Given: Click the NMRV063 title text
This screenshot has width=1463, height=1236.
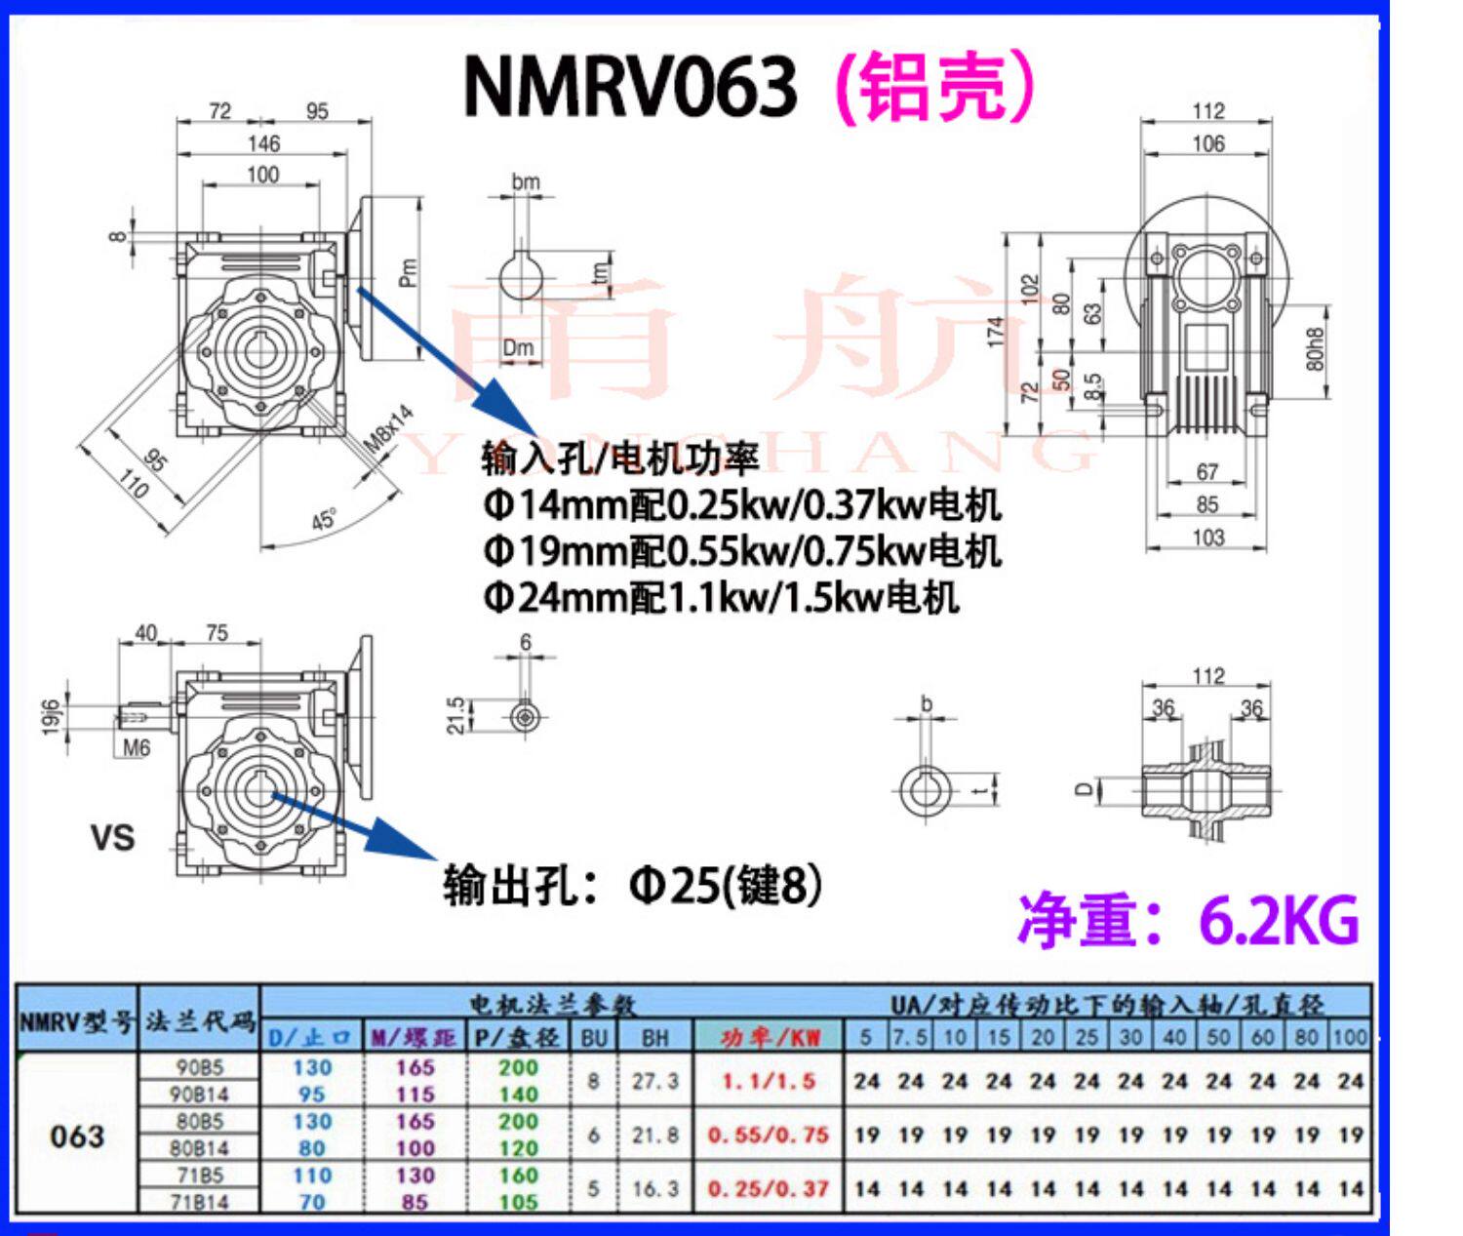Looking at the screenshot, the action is coord(630,86).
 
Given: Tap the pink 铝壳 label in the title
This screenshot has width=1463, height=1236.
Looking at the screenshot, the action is coord(934,86).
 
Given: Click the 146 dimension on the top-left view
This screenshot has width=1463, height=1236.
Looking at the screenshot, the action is coord(263,143).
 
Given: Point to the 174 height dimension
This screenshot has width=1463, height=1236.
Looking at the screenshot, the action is coord(995,333).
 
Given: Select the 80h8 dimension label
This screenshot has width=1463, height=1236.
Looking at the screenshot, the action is coord(1316,338).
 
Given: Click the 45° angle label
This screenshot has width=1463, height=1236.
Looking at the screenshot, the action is coord(325,519).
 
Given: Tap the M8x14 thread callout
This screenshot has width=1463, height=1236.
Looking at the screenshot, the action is coord(388,429).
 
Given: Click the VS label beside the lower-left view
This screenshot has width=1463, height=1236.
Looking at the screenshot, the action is coord(112,838).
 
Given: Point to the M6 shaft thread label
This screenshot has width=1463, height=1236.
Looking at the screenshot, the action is coord(138,748).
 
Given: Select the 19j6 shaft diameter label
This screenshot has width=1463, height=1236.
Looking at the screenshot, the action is coord(52,717).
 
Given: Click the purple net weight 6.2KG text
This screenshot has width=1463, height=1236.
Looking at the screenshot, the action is coord(1188,919).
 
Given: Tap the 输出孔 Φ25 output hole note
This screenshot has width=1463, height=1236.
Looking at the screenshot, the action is coord(632,886).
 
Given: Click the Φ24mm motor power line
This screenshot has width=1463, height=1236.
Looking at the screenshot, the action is coord(720,597).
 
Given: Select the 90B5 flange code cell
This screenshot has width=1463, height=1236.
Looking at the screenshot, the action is coord(199,1067).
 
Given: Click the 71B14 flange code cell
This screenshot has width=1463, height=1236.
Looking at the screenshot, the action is coord(199,1202).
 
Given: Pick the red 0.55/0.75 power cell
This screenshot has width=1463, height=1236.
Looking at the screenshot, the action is coord(768,1136).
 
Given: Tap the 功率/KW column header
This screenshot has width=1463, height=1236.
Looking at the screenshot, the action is coord(770,1037).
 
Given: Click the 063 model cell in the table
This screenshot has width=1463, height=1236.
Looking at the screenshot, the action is coord(76,1136).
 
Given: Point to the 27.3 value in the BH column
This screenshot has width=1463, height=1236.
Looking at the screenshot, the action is coord(654,1081).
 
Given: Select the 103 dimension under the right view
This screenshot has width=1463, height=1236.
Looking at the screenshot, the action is coord(1207,537).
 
